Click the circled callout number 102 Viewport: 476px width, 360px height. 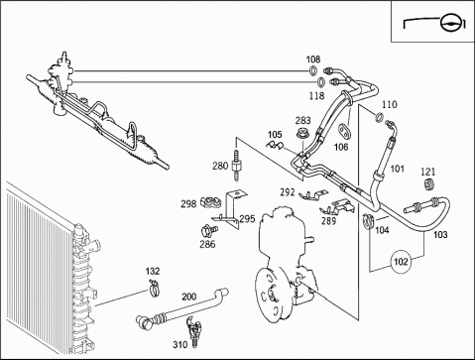[x=401, y=262]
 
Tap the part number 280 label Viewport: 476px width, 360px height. [x=220, y=166]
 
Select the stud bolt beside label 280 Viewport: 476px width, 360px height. [x=236, y=165]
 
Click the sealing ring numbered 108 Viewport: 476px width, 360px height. [x=312, y=70]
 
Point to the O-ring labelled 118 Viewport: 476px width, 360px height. [x=321, y=81]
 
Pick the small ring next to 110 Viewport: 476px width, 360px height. [x=380, y=117]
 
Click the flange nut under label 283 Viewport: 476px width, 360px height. [x=301, y=134]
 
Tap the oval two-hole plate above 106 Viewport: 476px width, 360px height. [x=344, y=130]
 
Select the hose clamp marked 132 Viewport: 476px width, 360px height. [x=154, y=288]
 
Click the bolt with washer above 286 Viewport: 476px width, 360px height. [x=209, y=230]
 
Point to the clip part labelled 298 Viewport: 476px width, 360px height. [x=210, y=201]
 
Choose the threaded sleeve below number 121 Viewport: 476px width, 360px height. [x=428, y=183]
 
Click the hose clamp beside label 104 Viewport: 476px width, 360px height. [x=368, y=220]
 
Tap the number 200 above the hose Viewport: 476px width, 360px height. [x=189, y=297]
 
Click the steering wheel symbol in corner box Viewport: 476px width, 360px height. [x=450, y=23]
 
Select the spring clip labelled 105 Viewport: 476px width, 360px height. [x=276, y=145]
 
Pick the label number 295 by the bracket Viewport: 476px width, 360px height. [x=247, y=219]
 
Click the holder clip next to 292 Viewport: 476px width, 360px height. [x=313, y=195]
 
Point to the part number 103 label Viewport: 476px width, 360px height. [x=440, y=234]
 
